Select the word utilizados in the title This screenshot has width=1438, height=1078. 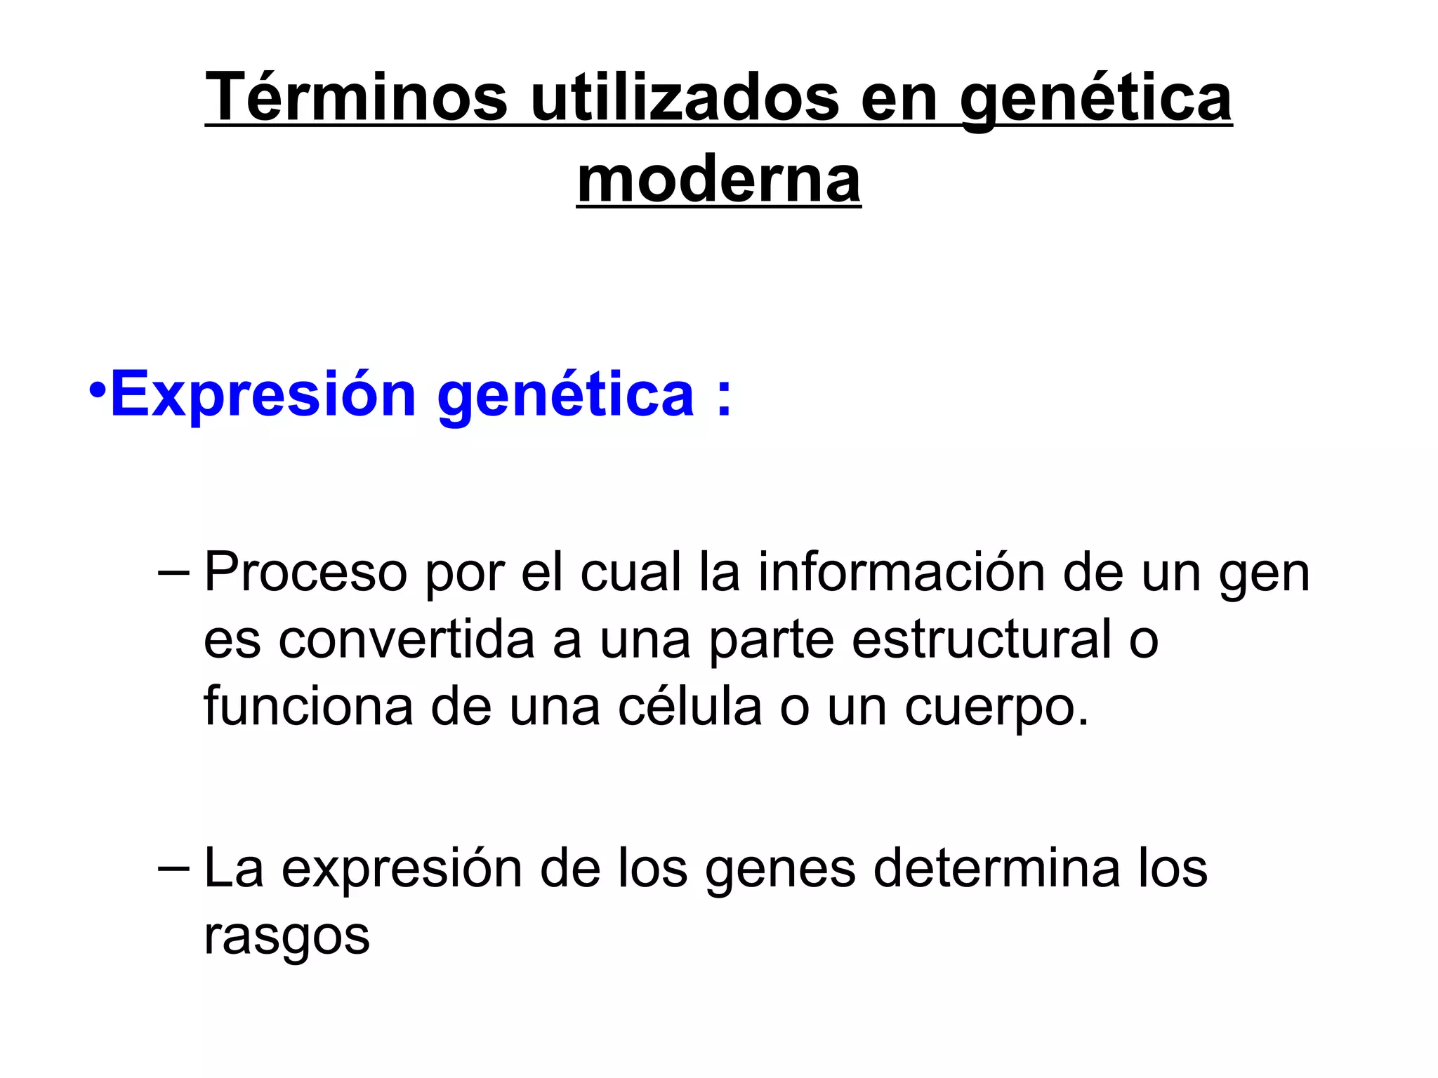pos(685,98)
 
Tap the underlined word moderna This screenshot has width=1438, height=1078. pos(718,180)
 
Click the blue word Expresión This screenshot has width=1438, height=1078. pos(263,394)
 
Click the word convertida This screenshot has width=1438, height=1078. pos(407,639)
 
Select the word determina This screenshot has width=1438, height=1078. pos(996,868)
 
